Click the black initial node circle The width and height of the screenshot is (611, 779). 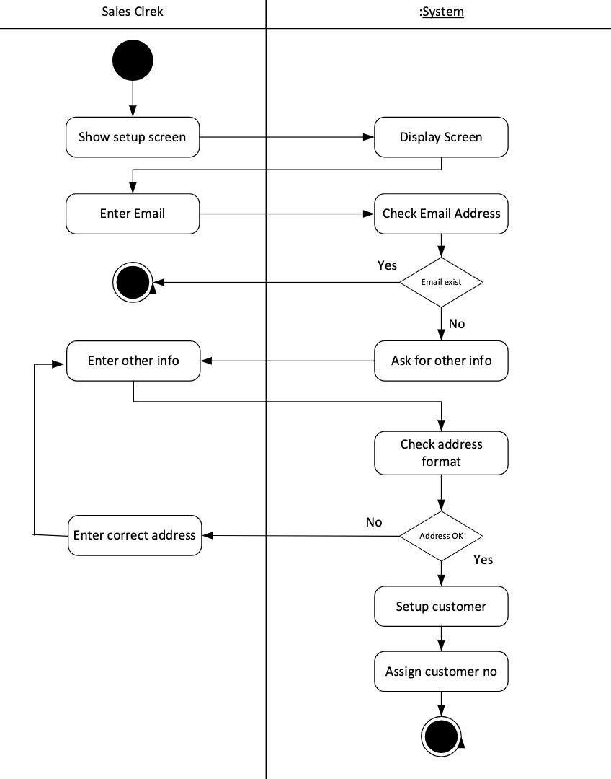click(133, 60)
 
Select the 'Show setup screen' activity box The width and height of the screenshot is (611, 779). click(133, 137)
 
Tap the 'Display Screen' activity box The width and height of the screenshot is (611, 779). click(441, 137)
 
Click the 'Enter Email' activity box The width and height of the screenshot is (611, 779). click(133, 214)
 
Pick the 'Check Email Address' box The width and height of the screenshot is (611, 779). click(441, 214)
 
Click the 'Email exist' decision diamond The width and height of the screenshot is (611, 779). click(441, 282)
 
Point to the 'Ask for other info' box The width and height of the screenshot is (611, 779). click(441, 360)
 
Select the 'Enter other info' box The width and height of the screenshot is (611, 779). click(133, 360)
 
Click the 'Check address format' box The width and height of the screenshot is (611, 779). click(441, 453)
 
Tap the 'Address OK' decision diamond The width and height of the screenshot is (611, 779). click(441, 536)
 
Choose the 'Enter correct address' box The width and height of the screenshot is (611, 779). click(135, 535)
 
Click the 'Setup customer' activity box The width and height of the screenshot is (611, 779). click(441, 607)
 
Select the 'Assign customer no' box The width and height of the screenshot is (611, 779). click(441, 672)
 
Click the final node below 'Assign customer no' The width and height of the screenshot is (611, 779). click(441, 736)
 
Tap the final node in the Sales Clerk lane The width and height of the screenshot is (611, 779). click(133, 282)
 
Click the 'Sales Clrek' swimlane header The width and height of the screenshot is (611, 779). click(133, 12)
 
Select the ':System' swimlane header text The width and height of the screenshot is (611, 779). click(441, 12)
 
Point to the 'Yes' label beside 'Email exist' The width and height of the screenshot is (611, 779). click(387, 265)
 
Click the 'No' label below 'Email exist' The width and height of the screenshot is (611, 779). click(457, 324)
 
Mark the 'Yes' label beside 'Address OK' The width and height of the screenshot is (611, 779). click(483, 560)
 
